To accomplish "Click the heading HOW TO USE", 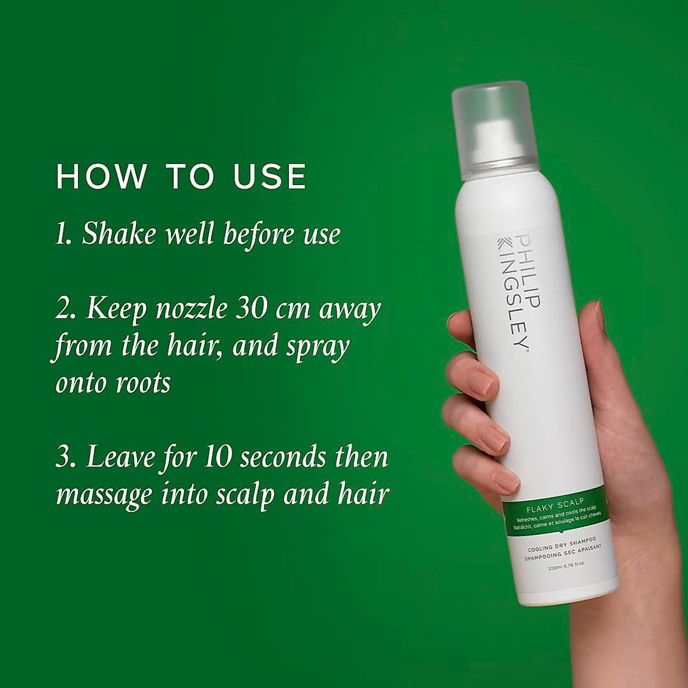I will coord(181,177).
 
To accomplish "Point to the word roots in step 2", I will coord(143,383).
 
